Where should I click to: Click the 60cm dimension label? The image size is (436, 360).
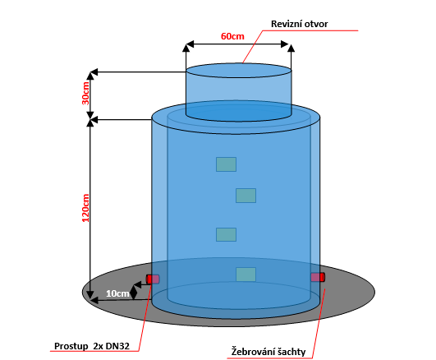click(x=232, y=36)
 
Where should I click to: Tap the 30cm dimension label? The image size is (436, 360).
click(x=85, y=93)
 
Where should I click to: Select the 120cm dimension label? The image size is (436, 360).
click(x=85, y=208)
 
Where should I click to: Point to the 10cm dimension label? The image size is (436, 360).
click(x=117, y=293)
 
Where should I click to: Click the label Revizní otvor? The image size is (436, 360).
click(x=299, y=24)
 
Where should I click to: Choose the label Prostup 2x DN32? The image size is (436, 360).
click(x=92, y=346)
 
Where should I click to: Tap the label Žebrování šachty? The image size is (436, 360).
click(x=268, y=352)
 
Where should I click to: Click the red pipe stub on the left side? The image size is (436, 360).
click(x=153, y=279)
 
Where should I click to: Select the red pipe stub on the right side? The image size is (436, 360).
click(x=318, y=277)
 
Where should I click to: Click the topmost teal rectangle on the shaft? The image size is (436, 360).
click(x=226, y=164)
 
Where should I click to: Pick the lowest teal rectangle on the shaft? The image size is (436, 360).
click(x=246, y=275)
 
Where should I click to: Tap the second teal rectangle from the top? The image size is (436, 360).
click(x=246, y=196)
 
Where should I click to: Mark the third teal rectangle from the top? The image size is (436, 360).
click(x=226, y=234)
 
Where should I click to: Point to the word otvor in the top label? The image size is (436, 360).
click(x=316, y=24)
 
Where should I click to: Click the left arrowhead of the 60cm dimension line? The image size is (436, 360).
click(x=190, y=44)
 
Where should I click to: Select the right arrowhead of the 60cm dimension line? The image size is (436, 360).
click(x=285, y=44)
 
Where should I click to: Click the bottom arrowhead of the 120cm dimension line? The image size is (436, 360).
click(x=90, y=295)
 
